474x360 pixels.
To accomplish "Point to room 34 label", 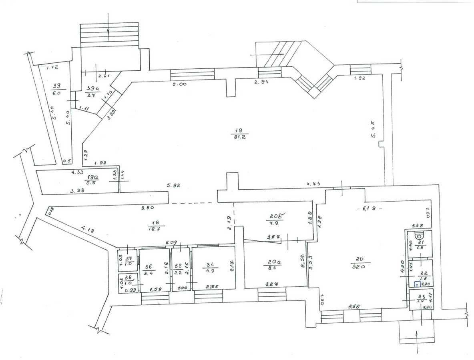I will [211, 267].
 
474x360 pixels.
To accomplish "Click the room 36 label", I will [149, 270].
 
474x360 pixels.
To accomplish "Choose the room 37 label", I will [127, 260].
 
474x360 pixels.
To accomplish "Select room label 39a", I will [91, 92].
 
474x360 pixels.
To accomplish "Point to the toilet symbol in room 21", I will [418, 236].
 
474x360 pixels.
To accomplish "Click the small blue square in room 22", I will [417, 285].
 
